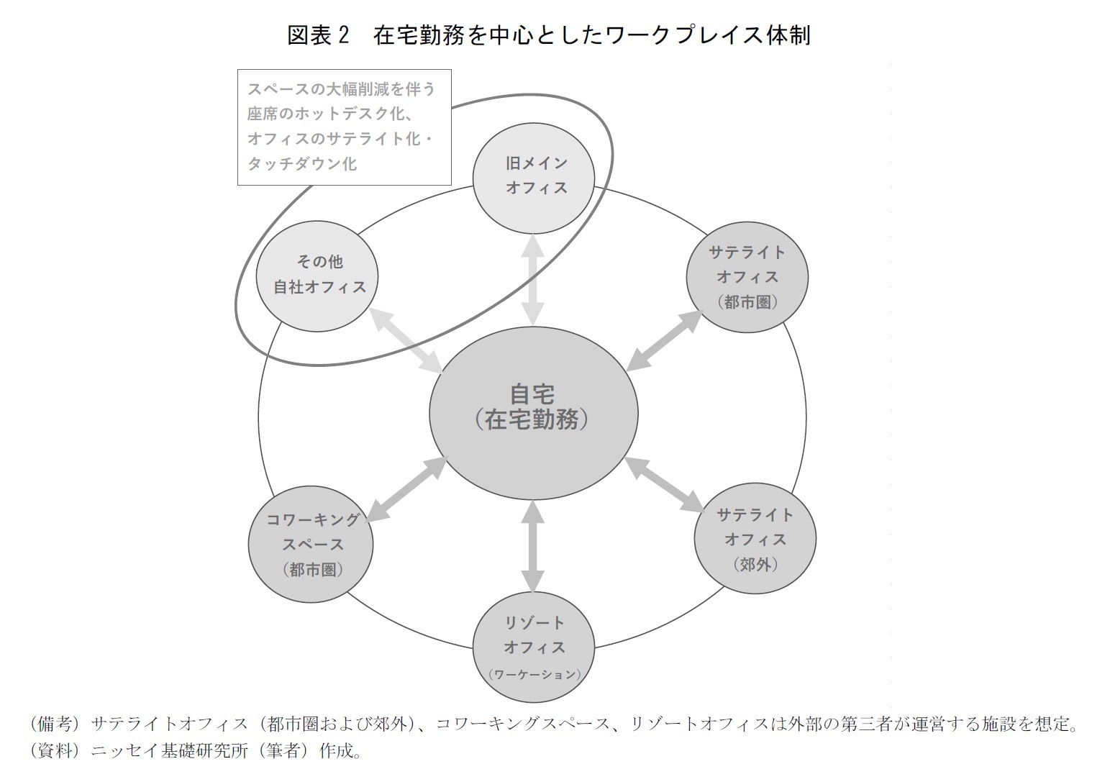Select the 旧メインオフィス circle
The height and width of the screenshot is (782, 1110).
point(533,175)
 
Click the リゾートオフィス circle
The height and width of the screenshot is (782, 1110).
point(533,645)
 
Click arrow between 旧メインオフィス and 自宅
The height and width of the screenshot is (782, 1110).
point(533,279)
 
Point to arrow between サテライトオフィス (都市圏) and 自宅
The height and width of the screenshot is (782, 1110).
point(663,340)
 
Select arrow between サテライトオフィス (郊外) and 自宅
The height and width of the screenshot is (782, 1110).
point(663,484)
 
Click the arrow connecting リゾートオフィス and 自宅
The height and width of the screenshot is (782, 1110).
point(533,545)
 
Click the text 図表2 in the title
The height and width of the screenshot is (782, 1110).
point(317,34)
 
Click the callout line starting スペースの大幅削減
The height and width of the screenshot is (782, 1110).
point(341,89)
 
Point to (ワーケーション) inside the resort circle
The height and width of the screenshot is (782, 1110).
point(533,675)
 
